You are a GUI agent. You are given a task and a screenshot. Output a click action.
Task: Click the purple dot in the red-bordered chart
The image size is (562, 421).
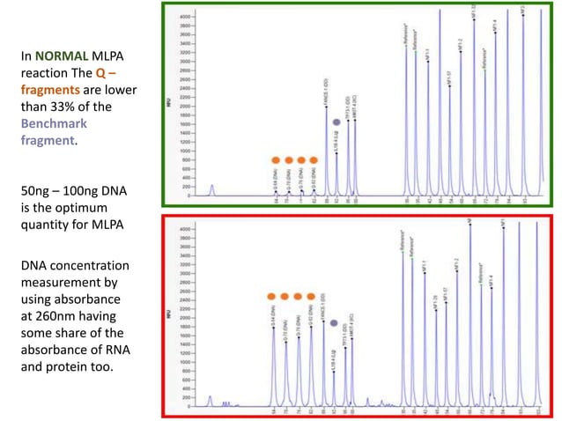click(334, 322)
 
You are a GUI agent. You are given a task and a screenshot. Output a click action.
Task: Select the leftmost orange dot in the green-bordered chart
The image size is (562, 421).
click(275, 160)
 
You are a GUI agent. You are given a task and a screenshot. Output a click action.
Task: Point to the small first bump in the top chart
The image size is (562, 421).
click(211, 188)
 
